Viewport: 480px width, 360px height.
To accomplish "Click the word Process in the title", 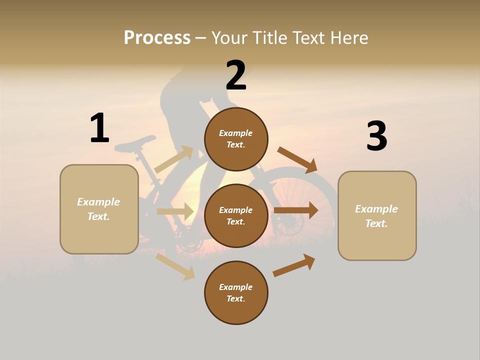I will coord(157,37).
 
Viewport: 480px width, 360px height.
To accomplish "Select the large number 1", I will coord(99,128).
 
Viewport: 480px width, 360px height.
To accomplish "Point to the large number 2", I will coord(236,75).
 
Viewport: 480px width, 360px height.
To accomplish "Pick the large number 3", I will coord(376,136).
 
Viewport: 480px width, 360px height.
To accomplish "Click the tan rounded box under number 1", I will coord(99,209).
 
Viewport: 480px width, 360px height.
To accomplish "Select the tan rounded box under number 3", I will coord(377,216).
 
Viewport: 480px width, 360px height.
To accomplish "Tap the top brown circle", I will coord(236,139).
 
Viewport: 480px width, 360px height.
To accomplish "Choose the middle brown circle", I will coord(236,216).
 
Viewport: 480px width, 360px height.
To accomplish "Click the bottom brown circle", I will coord(236,293).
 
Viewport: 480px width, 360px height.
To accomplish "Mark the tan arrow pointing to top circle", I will coord(174,159).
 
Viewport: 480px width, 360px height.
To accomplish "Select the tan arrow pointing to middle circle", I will coord(175,211).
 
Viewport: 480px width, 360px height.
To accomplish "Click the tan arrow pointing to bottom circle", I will coord(175,266).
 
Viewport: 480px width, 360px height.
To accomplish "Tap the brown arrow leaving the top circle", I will coord(298,160).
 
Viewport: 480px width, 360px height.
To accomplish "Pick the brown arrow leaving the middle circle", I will coord(296,210).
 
